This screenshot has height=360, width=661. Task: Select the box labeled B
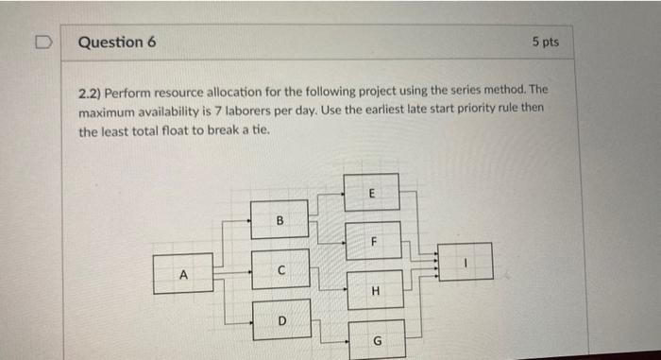coord(280,219)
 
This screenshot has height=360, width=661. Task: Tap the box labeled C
coord(280,269)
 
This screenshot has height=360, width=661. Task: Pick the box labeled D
coord(280,320)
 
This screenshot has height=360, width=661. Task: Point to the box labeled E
coord(371,192)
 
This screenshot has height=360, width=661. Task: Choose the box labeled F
coord(374,240)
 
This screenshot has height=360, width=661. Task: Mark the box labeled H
coord(375,290)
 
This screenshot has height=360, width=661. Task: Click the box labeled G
coord(377,338)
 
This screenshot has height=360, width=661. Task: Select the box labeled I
coord(465,262)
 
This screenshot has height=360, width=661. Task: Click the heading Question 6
coord(118,43)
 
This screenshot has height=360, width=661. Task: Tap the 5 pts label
coord(545,43)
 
